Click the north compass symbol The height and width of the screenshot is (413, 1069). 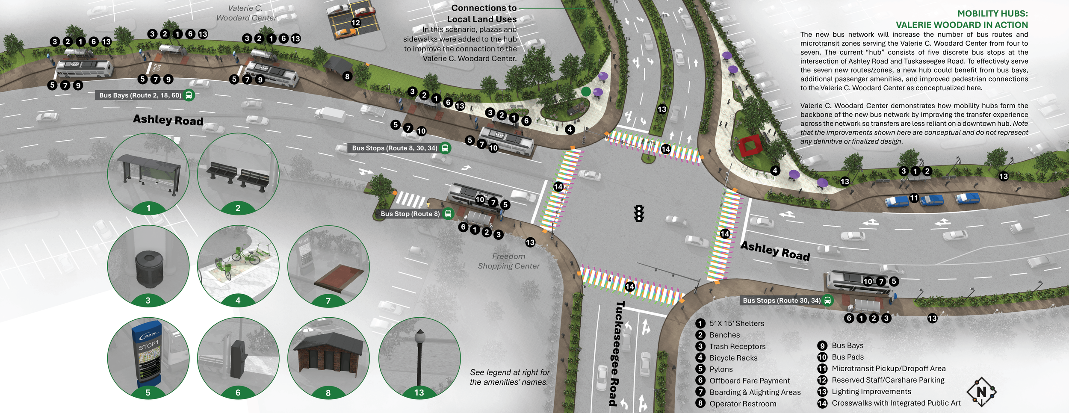[981, 392]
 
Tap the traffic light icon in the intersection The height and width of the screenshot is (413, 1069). [639, 213]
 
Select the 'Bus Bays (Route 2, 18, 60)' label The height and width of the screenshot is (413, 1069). [140, 95]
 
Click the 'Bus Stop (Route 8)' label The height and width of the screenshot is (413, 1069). [410, 214]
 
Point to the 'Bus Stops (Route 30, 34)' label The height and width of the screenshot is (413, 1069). [782, 301]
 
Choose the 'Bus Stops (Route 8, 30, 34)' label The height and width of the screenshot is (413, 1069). [395, 148]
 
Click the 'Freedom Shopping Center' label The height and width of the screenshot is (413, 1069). [508, 261]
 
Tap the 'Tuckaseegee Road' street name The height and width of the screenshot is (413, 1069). [616, 353]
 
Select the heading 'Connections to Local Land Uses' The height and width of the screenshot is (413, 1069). [483, 14]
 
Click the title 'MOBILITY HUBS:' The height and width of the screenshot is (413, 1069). [992, 14]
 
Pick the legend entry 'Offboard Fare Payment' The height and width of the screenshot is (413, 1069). [749, 381]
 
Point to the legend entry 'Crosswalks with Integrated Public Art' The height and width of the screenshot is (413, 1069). [895, 403]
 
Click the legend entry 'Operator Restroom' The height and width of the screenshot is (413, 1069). [742, 404]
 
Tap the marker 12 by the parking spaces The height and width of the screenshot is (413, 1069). [356, 23]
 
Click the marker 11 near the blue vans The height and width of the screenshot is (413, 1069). [914, 198]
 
